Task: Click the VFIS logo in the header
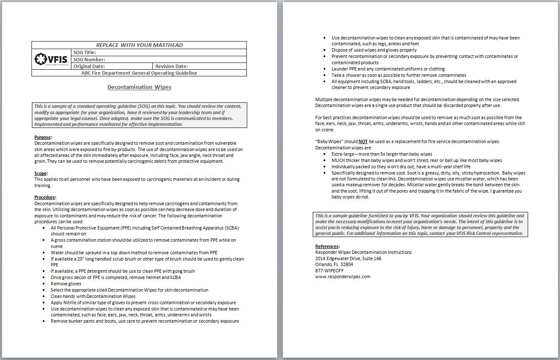(51, 59)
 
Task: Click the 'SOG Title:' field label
(85, 52)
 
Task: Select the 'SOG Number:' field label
(89, 60)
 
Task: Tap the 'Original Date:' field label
(89, 66)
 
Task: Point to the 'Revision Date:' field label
(171, 66)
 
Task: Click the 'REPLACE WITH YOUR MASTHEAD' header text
(139, 45)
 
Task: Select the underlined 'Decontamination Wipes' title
(139, 87)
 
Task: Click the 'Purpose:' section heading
(43, 137)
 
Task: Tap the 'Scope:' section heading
(41, 173)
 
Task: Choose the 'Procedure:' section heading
(45, 197)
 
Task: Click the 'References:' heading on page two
(327, 246)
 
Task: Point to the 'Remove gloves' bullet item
(66, 284)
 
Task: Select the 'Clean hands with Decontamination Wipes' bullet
(93, 296)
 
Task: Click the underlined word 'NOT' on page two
(363, 141)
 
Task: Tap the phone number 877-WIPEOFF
(330, 271)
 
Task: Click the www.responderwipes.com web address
(343, 277)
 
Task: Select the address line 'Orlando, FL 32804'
(334, 264)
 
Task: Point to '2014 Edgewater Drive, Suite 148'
(348, 258)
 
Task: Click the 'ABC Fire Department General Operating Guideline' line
(139, 73)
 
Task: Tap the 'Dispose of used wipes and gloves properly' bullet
(374, 50)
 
